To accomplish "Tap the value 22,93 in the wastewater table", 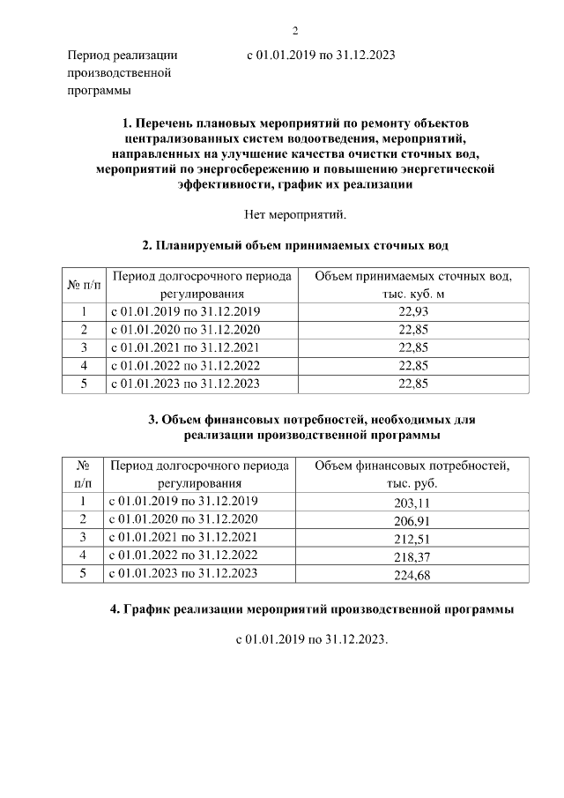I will [x=412, y=312].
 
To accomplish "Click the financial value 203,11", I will [x=412, y=503].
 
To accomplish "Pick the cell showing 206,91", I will [x=412, y=520].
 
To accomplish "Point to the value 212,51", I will [x=412, y=538].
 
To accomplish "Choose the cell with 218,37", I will [x=412, y=556].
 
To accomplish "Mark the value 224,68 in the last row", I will [x=412, y=575].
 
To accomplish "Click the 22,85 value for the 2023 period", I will [x=412, y=384].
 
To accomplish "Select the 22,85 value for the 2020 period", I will [x=412, y=330].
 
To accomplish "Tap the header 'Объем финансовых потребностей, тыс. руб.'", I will [x=412, y=474].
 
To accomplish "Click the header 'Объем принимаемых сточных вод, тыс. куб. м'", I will [x=412, y=285].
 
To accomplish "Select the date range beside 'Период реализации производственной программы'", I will [x=320, y=55].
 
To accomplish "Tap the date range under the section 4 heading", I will [x=311, y=639].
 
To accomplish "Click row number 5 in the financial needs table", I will [x=83, y=573].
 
